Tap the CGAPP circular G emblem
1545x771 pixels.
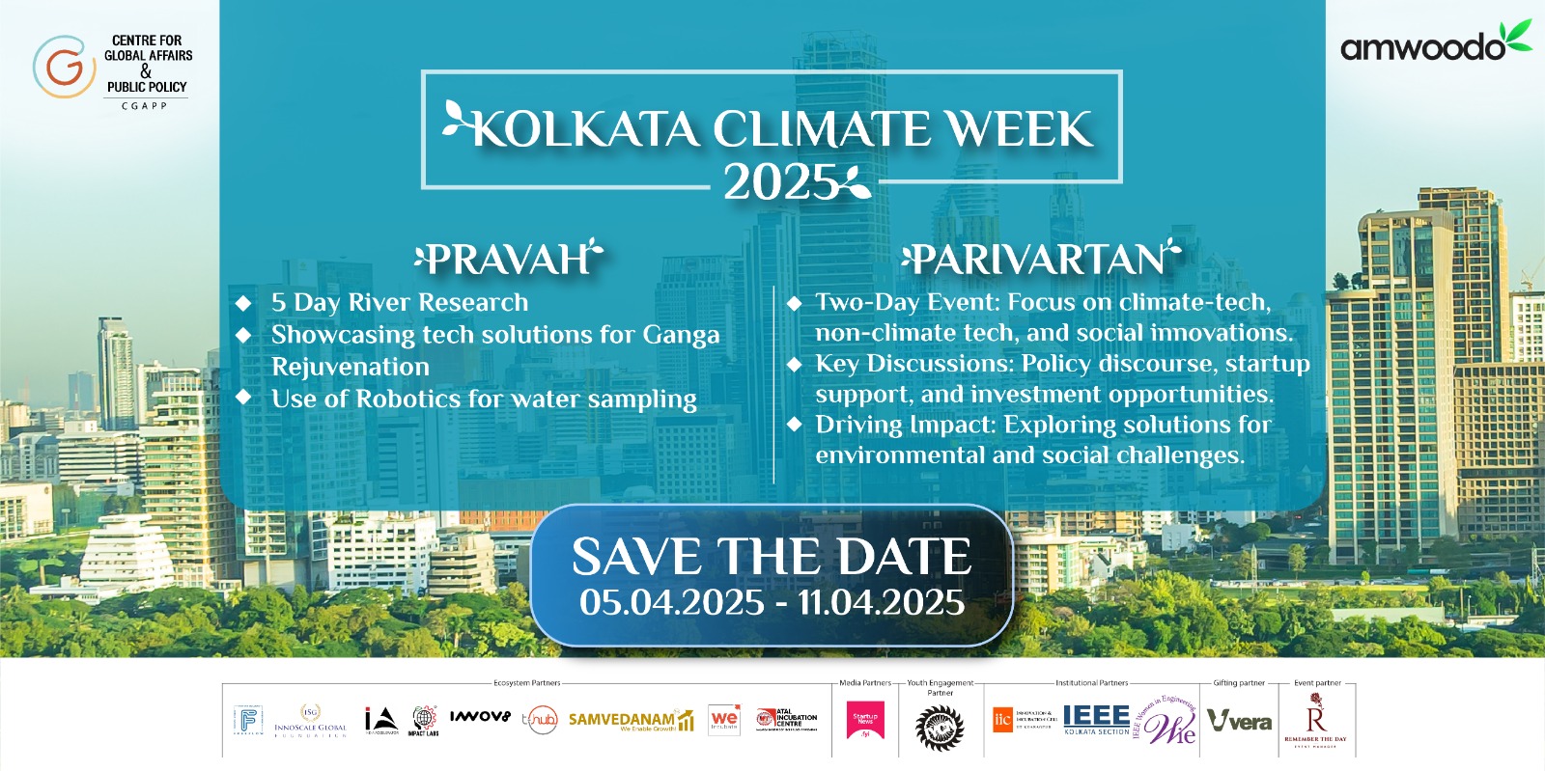[64, 67]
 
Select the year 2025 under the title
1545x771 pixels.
[780, 182]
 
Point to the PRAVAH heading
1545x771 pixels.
[508, 259]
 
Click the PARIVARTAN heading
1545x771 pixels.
[1040, 259]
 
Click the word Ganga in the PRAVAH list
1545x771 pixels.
[681, 335]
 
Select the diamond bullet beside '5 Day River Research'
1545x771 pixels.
[243, 303]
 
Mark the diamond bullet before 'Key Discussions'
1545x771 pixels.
[795, 364]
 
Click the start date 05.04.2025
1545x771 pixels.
[672, 602]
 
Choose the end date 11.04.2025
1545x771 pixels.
[881, 602]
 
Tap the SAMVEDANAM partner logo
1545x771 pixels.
[630, 721]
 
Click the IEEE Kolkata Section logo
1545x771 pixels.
[1096, 719]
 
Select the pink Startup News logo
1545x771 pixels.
[865, 720]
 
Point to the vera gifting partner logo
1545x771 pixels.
[1240, 721]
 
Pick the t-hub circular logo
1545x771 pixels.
[540, 720]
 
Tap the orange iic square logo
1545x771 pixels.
[1002, 719]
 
